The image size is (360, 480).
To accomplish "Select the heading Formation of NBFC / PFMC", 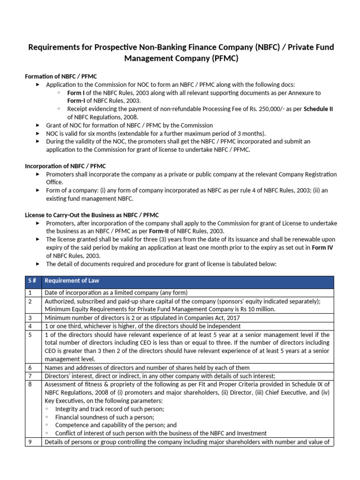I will (x=61, y=76).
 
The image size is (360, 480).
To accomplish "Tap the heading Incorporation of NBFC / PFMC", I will (x=65, y=166).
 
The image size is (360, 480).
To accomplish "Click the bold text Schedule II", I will (x=318, y=109).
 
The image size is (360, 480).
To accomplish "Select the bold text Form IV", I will (x=322, y=247).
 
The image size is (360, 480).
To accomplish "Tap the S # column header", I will (x=33, y=281).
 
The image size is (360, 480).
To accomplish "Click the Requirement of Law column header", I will (x=72, y=281).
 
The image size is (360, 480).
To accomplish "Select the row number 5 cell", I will (x=33, y=335).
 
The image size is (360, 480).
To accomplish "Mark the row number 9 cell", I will (x=33, y=442).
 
